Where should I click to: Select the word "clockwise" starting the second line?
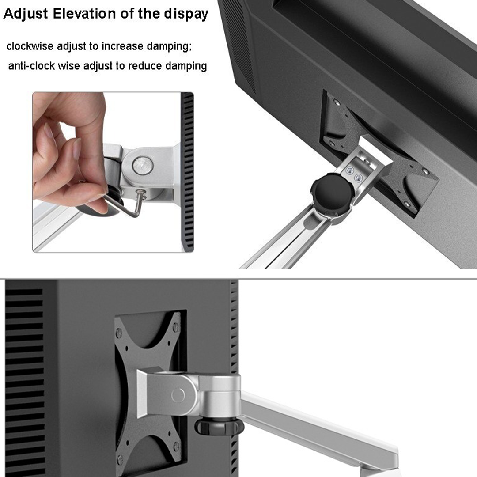28,46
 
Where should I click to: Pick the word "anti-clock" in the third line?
31,66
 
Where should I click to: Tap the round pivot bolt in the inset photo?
143,165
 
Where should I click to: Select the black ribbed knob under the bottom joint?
220,426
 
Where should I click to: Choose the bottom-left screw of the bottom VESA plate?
120,459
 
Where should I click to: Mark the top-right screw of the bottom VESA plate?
175,327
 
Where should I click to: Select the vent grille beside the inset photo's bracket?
187,172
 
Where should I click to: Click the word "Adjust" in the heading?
25,14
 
